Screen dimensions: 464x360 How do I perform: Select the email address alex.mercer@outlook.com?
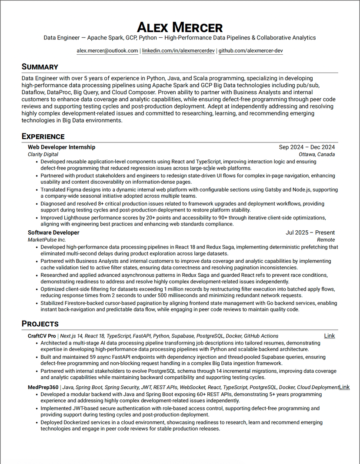pos(107,51)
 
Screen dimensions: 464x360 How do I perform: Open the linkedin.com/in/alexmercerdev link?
pos(178,51)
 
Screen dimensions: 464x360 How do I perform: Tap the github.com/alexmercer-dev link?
pos(250,51)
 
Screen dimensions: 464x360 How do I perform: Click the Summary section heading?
pos(40,67)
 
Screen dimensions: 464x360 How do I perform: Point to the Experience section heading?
pos(43,136)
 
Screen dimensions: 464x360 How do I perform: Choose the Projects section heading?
pos(40,324)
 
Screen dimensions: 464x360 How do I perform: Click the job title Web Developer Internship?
pos(61,147)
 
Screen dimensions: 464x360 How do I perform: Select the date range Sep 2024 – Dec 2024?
pos(307,147)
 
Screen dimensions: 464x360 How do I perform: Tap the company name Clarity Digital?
pos(43,154)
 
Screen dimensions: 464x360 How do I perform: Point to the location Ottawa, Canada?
pos(317,154)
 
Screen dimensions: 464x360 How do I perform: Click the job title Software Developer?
pos(53,233)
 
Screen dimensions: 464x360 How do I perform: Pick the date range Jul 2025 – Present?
pos(310,233)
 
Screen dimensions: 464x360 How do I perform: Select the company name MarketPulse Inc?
pos(47,240)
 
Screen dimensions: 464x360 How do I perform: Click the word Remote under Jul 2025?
pos(326,240)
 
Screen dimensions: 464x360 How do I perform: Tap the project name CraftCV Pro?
pos(42,336)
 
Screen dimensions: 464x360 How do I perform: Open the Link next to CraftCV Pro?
pos(330,336)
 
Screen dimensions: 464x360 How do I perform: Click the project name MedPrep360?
pos(43,387)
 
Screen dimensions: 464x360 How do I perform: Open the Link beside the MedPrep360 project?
pos(344,387)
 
